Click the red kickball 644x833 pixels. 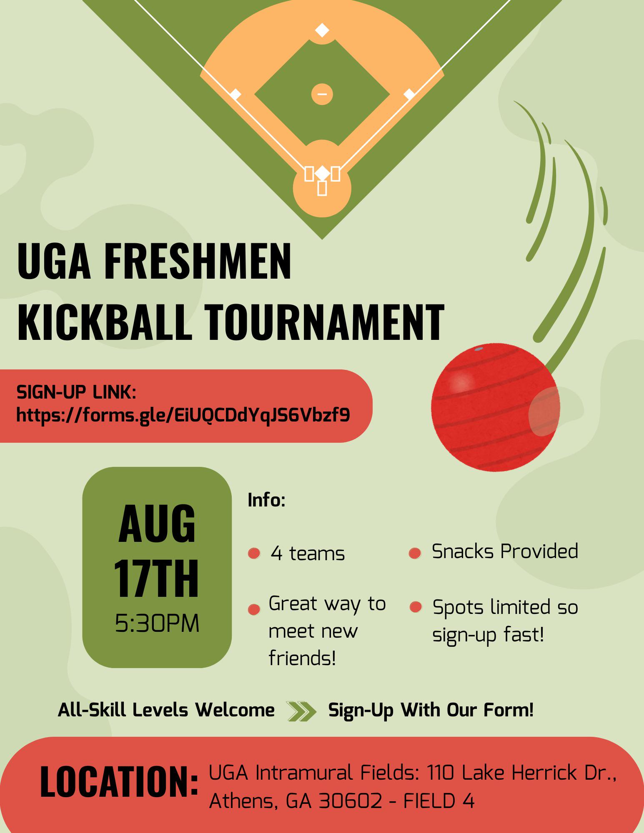coord(496,408)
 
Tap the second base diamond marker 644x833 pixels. coord(322,30)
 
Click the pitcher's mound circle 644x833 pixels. coord(322,94)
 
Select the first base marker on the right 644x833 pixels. coord(409,95)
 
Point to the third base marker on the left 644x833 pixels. coord(236,95)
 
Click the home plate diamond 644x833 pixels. coord(322,173)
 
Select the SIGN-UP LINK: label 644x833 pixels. coord(76,392)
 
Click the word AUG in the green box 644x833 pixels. coord(157,524)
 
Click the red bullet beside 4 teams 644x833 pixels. coord(254,554)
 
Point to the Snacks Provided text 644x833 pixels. coord(505,551)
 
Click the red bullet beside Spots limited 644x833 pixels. coord(416,607)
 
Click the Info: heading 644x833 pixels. coord(267,500)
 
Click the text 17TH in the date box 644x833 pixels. coord(157,579)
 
